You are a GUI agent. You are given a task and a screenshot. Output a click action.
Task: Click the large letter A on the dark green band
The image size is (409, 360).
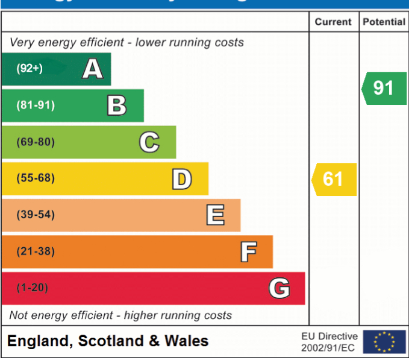(92, 69)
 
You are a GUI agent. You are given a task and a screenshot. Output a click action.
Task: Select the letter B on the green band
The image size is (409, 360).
(117, 106)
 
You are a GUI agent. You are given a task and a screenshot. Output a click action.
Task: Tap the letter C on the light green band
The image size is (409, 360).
(149, 142)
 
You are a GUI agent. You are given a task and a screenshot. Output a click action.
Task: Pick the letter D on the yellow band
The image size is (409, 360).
(181, 179)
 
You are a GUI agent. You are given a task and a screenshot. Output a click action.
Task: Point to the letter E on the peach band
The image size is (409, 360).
(215, 215)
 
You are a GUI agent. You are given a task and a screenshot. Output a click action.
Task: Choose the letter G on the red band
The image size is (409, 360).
(279, 288)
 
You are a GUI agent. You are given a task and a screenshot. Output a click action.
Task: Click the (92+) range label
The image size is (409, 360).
(30, 69)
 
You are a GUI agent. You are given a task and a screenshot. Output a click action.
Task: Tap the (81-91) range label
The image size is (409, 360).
(36, 106)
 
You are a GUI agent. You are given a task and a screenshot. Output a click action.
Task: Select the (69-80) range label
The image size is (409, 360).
(36, 142)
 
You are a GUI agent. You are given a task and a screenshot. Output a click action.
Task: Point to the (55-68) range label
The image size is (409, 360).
(36, 179)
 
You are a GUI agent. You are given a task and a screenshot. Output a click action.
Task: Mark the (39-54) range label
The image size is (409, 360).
(36, 215)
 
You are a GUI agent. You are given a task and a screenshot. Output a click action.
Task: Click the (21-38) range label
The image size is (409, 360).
(36, 251)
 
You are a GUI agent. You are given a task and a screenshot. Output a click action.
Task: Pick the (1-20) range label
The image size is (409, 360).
(32, 288)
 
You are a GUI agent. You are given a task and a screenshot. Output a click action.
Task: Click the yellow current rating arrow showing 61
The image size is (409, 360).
(334, 179)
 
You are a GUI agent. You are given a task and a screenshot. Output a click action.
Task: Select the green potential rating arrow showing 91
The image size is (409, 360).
(384, 88)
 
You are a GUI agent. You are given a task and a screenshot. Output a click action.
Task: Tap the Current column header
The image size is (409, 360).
(333, 22)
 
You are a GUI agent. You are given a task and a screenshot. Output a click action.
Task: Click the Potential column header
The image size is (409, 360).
(384, 22)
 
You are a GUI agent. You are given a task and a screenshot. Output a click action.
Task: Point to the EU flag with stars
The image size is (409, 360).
(384, 342)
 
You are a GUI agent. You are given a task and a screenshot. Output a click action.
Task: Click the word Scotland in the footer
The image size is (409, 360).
(111, 341)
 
